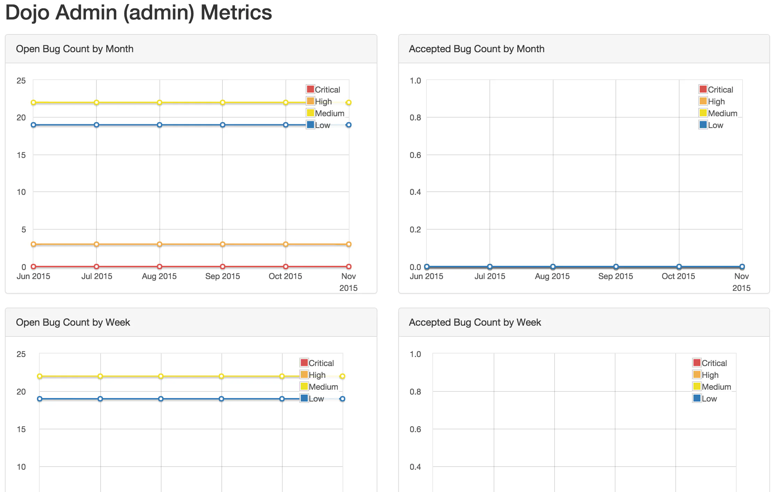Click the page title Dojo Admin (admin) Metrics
tap(139, 13)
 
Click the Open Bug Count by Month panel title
tap(74, 49)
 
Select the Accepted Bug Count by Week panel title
tap(474, 323)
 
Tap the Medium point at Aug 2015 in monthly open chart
tap(159, 103)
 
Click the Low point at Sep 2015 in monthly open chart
tap(222, 125)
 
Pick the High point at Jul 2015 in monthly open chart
tap(96, 244)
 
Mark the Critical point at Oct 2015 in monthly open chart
tap(285, 267)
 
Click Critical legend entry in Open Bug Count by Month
tap(323, 90)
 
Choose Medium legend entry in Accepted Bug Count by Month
tap(718, 113)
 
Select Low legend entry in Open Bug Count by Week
tap(312, 399)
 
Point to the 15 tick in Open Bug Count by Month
tap(21, 155)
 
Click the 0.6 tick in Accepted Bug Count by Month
tap(415, 155)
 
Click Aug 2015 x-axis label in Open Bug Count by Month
tap(159, 276)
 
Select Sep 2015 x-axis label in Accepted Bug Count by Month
tap(615, 276)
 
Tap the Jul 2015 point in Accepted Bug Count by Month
tap(490, 267)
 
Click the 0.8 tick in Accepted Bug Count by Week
tap(415, 392)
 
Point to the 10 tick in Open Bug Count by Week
tap(21, 467)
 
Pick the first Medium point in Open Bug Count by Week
tap(40, 376)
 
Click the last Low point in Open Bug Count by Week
tap(342, 399)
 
